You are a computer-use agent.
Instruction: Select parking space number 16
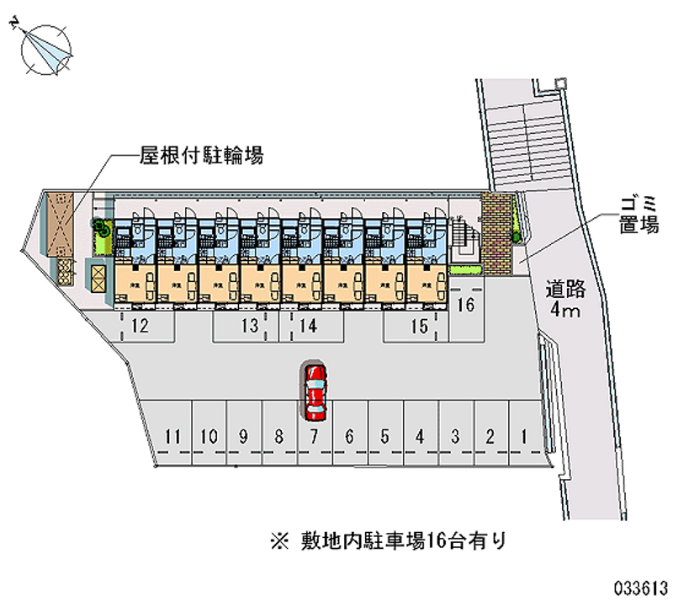pyautogui.click(x=465, y=306)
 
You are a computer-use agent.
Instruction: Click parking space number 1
pyautogui.click(x=524, y=436)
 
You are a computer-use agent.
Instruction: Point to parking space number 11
pyautogui.click(x=173, y=436)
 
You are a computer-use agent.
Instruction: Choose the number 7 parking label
pyautogui.click(x=313, y=436)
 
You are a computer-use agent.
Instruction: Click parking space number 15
pyautogui.click(x=419, y=327)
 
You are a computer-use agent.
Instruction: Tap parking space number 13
pyautogui.click(x=248, y=327)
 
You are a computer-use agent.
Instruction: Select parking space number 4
pyautogui.click(x=419, y=436)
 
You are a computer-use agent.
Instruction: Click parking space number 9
pyautogui.click(x=243, y=436)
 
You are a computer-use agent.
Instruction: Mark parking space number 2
pyautogui.click(x=489, y=436)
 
